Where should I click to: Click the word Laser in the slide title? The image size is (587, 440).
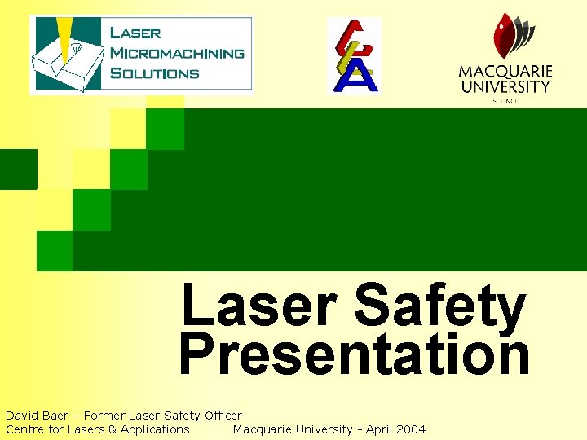pyautogui.click(x=259, y=306)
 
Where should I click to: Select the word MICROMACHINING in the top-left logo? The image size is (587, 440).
pyautogui.click(x=176, y=53)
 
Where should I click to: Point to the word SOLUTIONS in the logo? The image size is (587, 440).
pyautogui.click(x=154, y=73)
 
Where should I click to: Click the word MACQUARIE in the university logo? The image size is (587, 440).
pyautogui.click(x=505, y=71)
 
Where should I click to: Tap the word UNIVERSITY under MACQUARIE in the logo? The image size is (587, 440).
pyautogui.click(x=505, y=86)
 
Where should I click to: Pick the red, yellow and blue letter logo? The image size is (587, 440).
pyautogui.click(x=354, y=55)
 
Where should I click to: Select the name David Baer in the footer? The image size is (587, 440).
pyautogui.click(x=37, y=416)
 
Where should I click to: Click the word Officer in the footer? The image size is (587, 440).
pyautogui.click(x=222, y=416)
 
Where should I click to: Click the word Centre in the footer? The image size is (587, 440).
pyautogui.click(x=24, y=429)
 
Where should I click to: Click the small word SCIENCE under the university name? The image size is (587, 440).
pyautogui.click(x=505, y=101)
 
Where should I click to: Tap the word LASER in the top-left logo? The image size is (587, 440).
pyautogui.click(x=135, y=33)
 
